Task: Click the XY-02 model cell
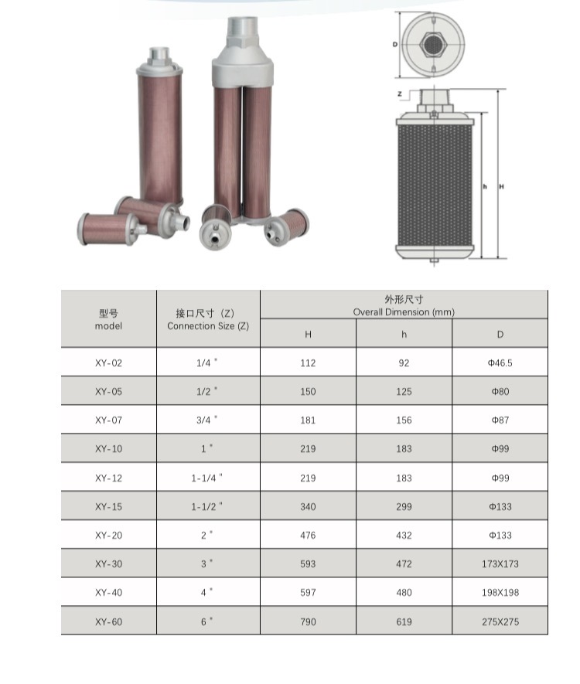(108, 363)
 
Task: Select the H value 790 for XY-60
(308, 621)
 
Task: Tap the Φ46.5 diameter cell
(500, 363)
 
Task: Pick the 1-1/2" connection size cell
(206, 506)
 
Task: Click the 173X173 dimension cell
(500, 563)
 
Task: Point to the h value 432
(404, 536)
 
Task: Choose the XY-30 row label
(108, 563)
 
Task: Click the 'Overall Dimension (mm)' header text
(404, 312)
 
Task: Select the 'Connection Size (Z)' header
(208, 326)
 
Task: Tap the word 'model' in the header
(108, 326)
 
